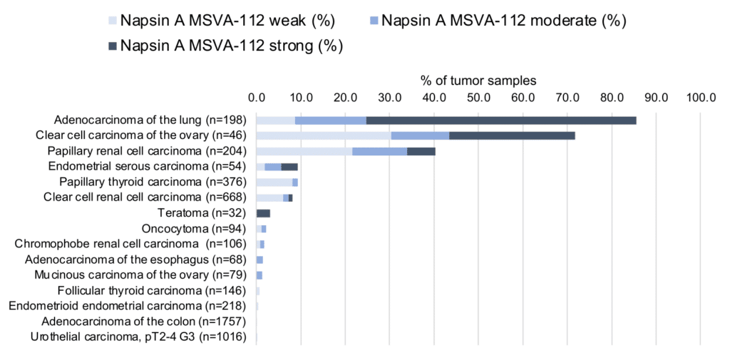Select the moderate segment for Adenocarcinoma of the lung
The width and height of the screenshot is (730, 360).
coord(330,120)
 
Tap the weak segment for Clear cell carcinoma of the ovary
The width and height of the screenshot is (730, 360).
coord(324,135)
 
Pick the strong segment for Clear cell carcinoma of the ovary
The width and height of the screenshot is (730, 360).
coord(512,135)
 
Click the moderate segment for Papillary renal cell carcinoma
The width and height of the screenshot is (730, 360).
coord(379,151)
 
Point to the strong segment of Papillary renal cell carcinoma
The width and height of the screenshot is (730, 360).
coord(421,151)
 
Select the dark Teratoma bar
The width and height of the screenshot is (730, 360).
coord(263,213)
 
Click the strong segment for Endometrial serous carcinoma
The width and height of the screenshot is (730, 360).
coord(289,167)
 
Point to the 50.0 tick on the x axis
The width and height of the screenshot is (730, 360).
coord(478,97)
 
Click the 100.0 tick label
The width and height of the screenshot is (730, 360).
coord(700,97)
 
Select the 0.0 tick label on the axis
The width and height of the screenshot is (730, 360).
coord(257,97)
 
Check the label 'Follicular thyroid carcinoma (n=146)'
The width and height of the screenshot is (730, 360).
coord(151,291)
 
